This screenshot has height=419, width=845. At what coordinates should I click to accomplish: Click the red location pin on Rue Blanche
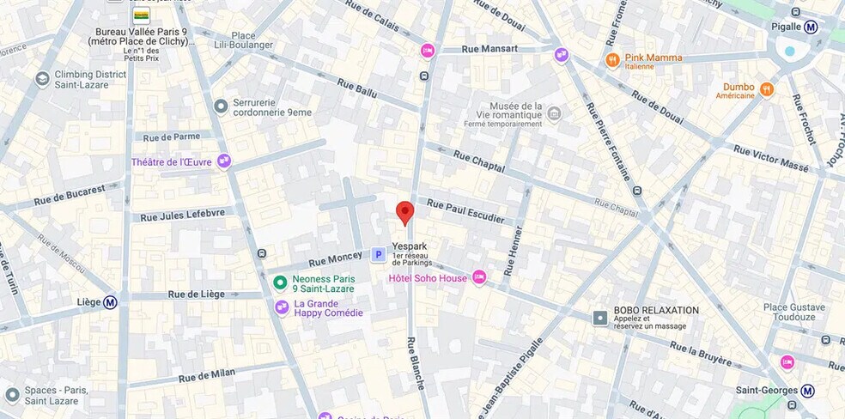point(404,212)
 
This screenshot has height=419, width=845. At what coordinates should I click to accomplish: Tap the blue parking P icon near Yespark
point(378,254)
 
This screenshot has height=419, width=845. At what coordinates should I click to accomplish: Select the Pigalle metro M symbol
point(811,27)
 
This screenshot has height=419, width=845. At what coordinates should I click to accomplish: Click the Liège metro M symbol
point(110,302)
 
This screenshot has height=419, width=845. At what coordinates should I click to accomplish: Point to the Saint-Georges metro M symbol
point(807,391)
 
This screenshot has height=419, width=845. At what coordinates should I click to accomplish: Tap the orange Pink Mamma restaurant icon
point(612,59)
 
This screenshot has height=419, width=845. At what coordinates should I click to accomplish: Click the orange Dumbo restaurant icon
point(767,88)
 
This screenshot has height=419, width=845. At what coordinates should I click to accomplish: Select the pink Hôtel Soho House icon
point(479,277)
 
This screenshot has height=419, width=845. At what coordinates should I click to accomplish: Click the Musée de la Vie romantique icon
point(554,113)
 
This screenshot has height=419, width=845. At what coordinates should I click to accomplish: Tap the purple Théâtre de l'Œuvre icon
point(224,161)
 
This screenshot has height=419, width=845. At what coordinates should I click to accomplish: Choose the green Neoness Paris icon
point(280,282)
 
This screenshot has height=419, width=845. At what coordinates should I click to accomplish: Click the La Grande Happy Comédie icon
point(282,307)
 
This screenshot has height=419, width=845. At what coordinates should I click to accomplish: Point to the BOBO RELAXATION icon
point(600,318)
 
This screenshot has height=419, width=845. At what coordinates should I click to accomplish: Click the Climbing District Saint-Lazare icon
point(42,79)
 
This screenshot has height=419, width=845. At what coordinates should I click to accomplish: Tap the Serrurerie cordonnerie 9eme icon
point(221,106)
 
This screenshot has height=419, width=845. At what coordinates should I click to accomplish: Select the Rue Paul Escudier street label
point(465,211)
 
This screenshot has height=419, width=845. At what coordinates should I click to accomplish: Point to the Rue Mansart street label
point(490,49)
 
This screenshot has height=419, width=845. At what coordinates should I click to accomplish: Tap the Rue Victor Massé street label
point(770,158)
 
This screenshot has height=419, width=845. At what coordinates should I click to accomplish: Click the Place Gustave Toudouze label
point(793,312)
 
